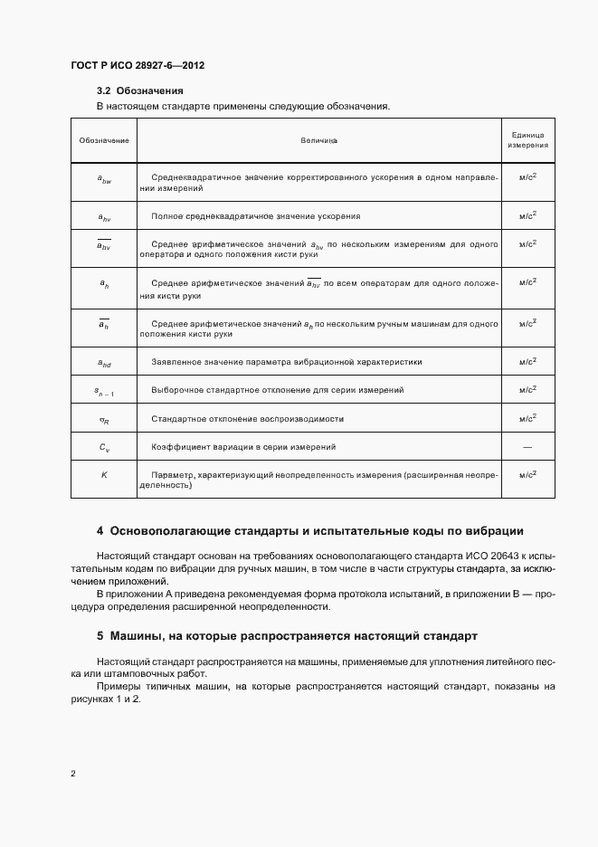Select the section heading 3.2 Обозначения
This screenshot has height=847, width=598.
[x=140, y=90]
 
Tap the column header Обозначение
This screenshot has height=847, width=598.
[x=104, y=140]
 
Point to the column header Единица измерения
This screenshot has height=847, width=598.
[x=527, y=140]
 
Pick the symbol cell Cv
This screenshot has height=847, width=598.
[x=104, y=447]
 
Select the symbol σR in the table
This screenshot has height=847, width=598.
[x=104, y=419]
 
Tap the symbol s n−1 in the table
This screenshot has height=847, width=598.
[x=104, y=390]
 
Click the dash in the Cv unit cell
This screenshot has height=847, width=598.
[x=527, y=447]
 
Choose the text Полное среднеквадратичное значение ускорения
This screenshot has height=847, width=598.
[x=256, y=216]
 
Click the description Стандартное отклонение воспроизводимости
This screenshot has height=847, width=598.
[x=251, y=418]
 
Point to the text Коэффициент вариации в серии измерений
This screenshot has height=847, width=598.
[x=244, y=447]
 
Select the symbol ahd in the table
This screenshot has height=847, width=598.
[x=104, y=362]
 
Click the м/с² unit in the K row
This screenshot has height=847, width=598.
[x=527, y=474]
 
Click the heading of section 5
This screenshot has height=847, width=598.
[x=288, y=637]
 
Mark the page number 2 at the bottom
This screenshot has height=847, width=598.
[x=73, y=774]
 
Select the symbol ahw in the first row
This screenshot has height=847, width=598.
[x=104, y=179]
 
